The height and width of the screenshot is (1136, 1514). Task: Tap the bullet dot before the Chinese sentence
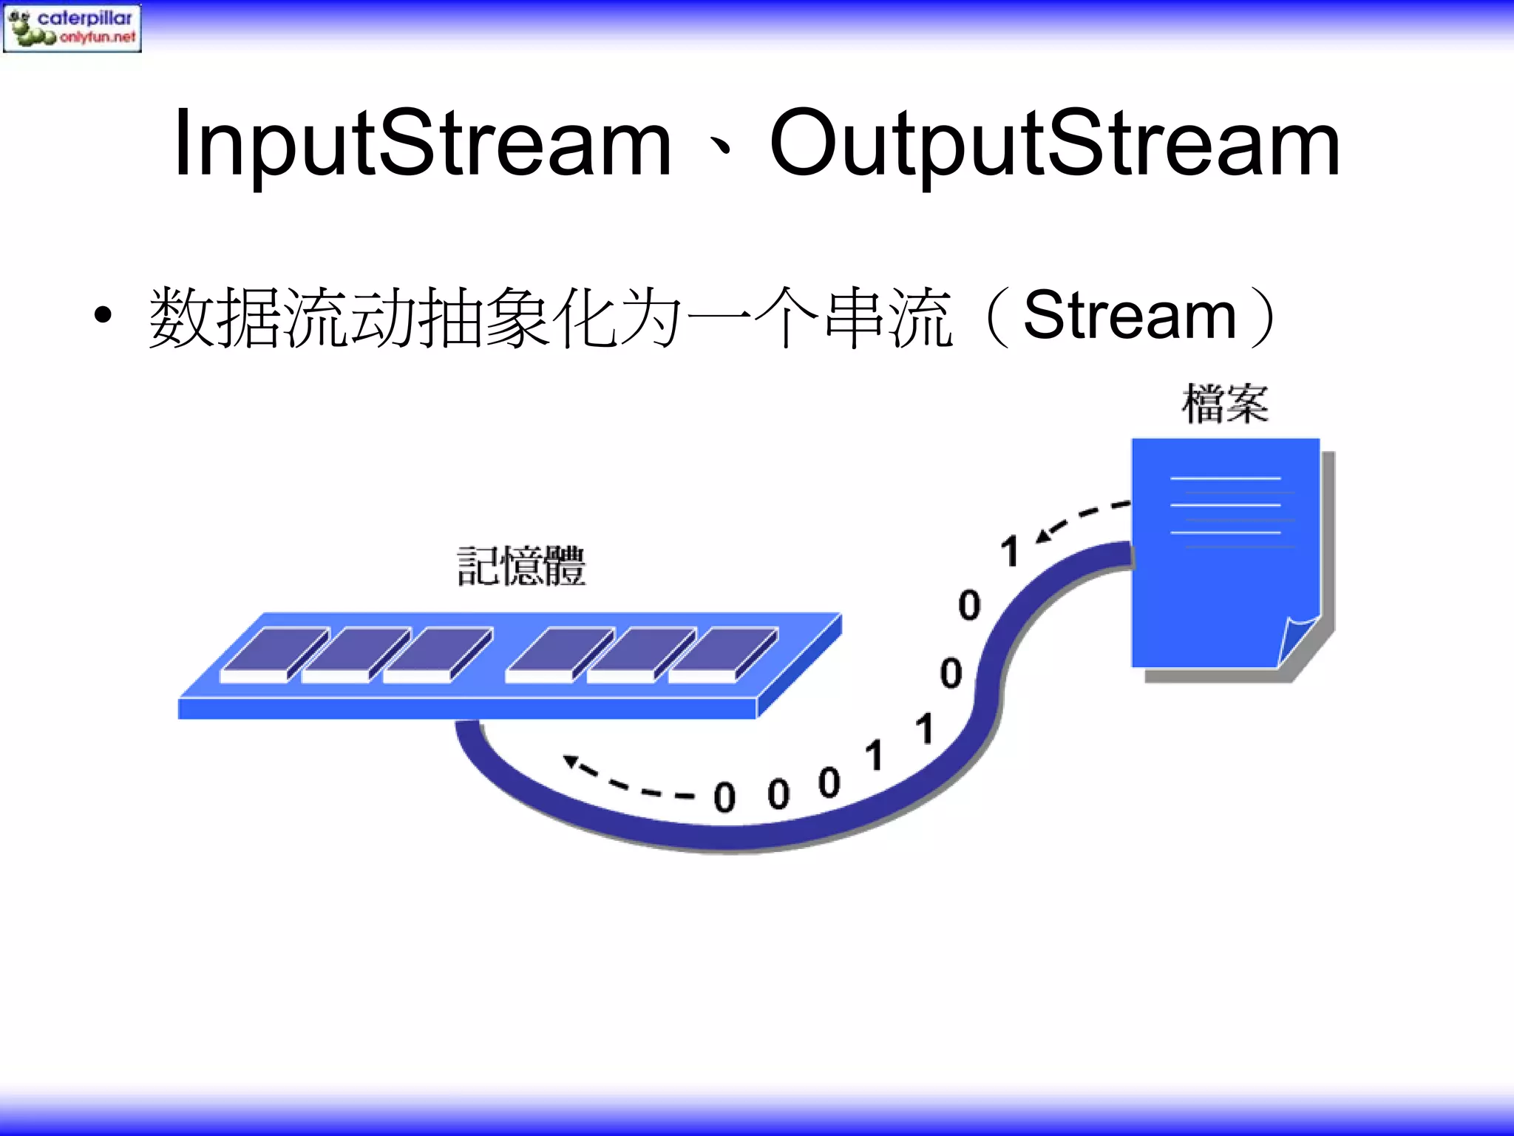pos(103,316)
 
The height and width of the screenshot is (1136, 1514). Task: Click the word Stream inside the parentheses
pos(1130,317)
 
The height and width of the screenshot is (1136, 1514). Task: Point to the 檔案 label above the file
pos(1225,404)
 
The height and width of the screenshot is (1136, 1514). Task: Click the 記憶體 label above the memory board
pos(521,567)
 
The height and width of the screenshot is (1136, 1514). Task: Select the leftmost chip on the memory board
pos(275,654)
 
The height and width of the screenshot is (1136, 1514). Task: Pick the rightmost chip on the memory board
pos(723,654)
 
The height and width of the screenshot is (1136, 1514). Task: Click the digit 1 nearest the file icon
pos(1010,552)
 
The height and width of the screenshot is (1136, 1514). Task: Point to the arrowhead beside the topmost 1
pos(1043,535)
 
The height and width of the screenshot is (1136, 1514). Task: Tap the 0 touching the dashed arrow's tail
pos(724,797)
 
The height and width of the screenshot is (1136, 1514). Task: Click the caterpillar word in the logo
pos(85,18)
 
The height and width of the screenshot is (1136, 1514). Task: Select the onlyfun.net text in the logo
pos(98,37)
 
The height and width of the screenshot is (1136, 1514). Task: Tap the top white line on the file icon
pos(1225,479)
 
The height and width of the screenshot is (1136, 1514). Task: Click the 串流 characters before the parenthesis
pos(888,318)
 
